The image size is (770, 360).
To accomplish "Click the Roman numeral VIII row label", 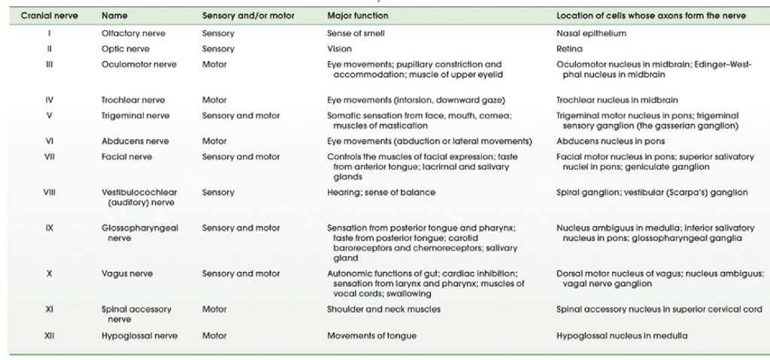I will (x=48, y=193).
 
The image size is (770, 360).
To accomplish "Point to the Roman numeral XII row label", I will (x=48, y=336).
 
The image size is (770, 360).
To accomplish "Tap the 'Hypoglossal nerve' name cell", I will (x=140, y=336).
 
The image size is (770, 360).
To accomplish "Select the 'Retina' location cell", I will (x=569, y=49).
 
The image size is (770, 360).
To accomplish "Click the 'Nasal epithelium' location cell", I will (x=591, y=35).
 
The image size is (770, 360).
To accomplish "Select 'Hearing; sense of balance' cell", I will (x=381, y=193).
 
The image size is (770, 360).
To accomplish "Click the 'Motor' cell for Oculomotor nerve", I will (x=214, y=65).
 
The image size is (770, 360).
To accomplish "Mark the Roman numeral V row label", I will (x=48, y=116).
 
